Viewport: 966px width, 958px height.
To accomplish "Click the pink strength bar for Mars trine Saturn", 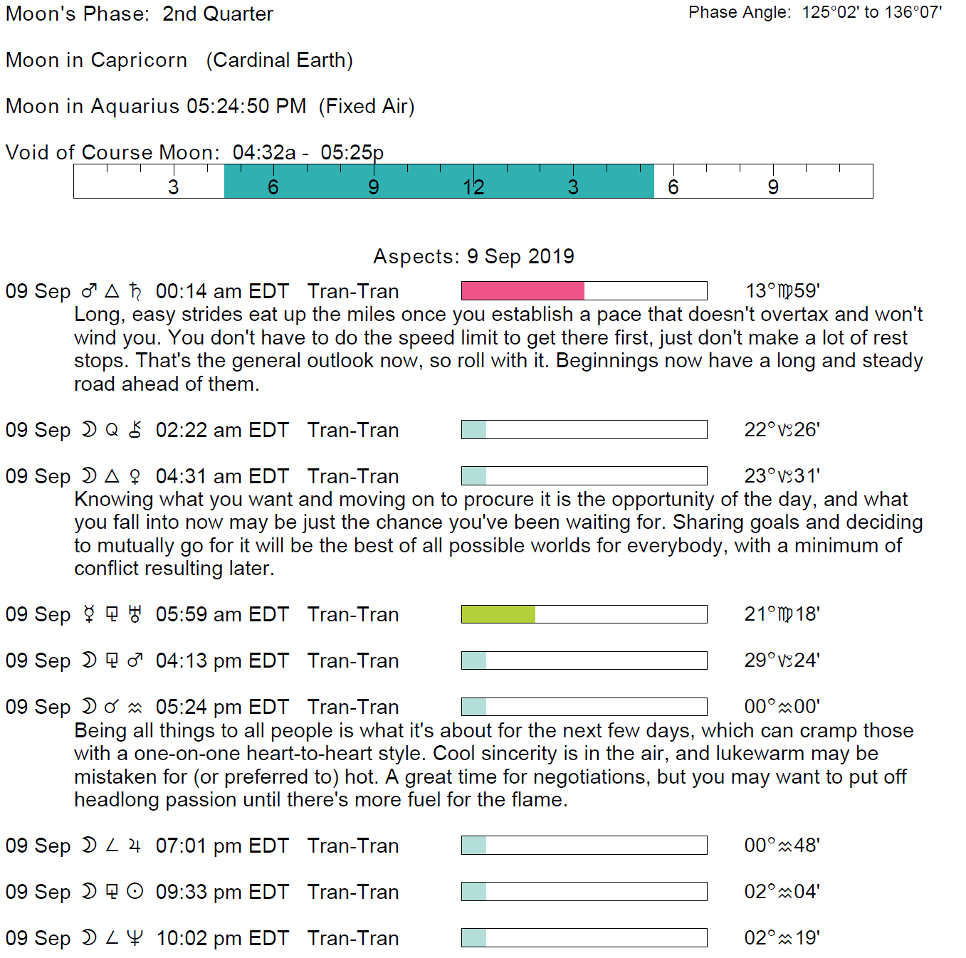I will coord(523,290).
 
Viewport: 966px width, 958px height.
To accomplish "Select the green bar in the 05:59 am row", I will coord(498,614).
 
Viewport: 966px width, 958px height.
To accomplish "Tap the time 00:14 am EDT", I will coord(222,291).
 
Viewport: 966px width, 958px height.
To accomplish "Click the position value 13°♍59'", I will coord(782,290).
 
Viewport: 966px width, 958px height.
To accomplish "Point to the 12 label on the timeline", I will coord(473,187).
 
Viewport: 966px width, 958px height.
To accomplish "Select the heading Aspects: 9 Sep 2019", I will coord(473,256).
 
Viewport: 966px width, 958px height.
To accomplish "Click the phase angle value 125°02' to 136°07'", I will coord(871,13).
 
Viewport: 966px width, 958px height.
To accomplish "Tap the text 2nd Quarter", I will coord(218,14).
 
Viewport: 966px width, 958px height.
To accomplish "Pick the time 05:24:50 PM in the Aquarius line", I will coord(246,107).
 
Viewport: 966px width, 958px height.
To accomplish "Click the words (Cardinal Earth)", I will coord(280,60).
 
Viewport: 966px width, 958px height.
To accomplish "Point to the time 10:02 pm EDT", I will coord(222,938).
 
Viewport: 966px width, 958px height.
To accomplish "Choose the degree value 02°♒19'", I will coord(782,938).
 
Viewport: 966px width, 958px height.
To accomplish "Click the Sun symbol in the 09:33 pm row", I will coord(135,892).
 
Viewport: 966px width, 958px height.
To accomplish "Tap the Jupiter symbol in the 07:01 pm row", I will coord(135,846).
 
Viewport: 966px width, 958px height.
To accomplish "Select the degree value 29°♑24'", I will coord(782,660).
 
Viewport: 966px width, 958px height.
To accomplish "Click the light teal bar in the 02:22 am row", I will coord(474,430).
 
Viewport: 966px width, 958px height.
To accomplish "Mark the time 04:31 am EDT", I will coord(222,476).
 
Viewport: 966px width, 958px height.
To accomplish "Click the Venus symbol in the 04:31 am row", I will coord(135,476).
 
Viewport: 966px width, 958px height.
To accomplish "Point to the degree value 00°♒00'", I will coord(782,707).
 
